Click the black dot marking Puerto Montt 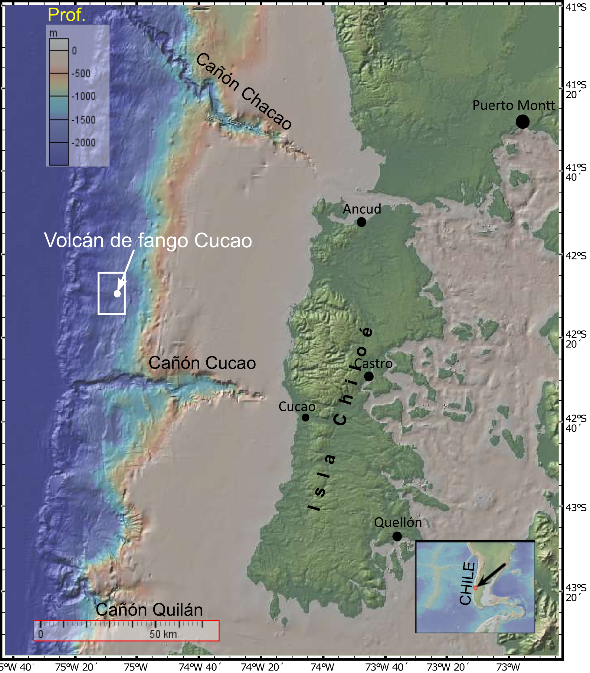tap(523, 122)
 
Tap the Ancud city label tap(362, 209)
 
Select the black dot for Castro tap(369, 376)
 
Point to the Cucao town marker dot tap(306, 418)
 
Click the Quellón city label tap(398, 522)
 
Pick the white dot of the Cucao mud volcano tap(117, 293)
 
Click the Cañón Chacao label tap(244, 91)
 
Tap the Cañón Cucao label tap(202, 363)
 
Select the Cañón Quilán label tap(149, 610)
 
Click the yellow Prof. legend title tap(67, 15)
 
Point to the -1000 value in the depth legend tap(83, 96)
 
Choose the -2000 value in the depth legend tap(83, 143)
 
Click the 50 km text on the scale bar tap(163, 634)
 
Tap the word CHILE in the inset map tap(467, 584)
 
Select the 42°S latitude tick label tap(576, 255)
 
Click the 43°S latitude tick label tap(576, 508)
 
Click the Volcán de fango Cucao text tap(148, 240)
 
